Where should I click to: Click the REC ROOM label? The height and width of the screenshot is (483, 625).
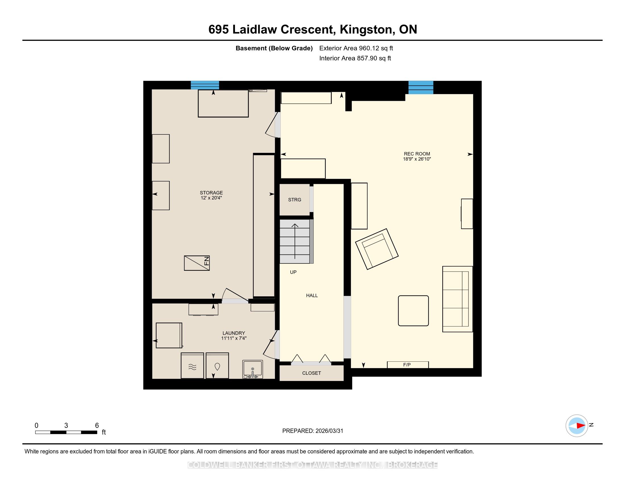click(417, 154)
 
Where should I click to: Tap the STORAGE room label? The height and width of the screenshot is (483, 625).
click(211, 193)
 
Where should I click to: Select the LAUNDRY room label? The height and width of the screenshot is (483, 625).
click(234, 333)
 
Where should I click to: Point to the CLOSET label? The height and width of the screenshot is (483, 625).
click(312, 373)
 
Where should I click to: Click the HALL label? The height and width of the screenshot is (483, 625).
click(312, 295)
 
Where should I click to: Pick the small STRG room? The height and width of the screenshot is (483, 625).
click(295, 200)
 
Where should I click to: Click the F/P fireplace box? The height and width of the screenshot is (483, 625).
click(408, 365)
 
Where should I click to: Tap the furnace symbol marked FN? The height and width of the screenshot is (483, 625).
click(197, 263)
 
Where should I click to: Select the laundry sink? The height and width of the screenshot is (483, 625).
click(253, 369)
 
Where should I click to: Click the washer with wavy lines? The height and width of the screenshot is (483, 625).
click(192, 366)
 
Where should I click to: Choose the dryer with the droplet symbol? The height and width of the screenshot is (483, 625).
click(218, 366)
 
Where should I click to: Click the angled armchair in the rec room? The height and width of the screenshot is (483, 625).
click(377, 249)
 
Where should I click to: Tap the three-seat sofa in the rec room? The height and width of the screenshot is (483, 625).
click(458, 299)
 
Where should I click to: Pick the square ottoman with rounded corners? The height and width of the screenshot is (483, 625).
click(414, 311)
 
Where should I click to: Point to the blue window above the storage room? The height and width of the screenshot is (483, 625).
click(205, 85)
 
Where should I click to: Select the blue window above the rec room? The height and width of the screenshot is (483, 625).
click(421, 87)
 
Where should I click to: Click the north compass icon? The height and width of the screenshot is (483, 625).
click(577, 426)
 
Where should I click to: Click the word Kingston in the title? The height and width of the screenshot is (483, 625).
click(366, 30)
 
